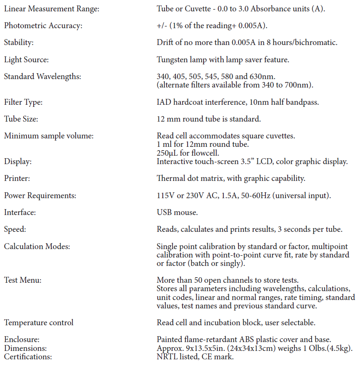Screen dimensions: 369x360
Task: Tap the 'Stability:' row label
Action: click(x=19, y=42)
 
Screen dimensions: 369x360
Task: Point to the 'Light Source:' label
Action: click(x=26, y=60)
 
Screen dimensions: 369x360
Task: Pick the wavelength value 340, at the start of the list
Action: click(x=163, y=77)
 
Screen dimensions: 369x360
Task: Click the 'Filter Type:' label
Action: click(x=23, y=102)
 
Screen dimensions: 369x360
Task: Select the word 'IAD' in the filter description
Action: click(x=164, y=102)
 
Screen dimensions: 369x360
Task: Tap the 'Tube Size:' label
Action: click(x=21, y=119)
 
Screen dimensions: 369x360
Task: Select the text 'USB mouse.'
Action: click(x=176, y=212)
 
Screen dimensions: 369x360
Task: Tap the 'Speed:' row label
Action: click(x=15, y=229)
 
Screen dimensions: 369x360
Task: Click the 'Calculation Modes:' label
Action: click(x=37, y=247)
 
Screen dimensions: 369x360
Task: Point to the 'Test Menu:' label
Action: click(x=23, y=280)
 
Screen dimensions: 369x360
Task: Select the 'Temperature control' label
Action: click(x=39, y=323)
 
